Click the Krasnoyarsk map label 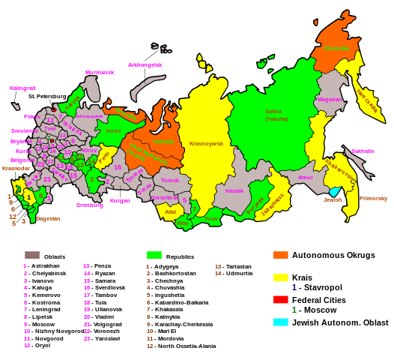tap(206, 143)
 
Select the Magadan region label tap(330, 99)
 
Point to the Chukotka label tap(336, 49)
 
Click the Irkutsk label tap(234, 190)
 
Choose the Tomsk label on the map tap(170, 180)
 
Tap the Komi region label tap(113, 131)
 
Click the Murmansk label tap(100, 73)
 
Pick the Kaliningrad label tap(22, 88)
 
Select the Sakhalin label tap(363, 151)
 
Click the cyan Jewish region tap(334, 192)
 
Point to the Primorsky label tap(373, 199)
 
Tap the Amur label tap(305, 178)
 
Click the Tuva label tap(211, 219)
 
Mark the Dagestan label tap(48, 219)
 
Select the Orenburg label tap(90, 205)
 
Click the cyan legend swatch tap(281, 322)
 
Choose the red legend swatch tap(281, 299)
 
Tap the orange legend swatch tap(281, 255)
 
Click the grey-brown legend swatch tap(32, 255)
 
